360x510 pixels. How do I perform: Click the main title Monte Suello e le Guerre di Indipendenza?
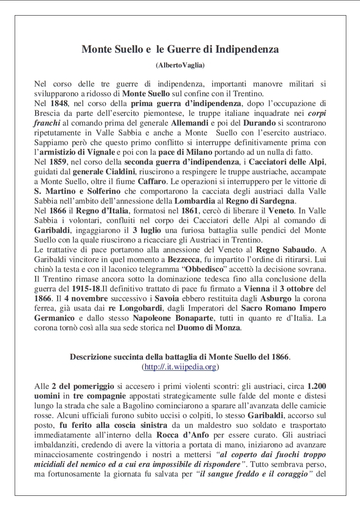tap(180, 49)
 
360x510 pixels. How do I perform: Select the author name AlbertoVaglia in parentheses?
tap(180, 65)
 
